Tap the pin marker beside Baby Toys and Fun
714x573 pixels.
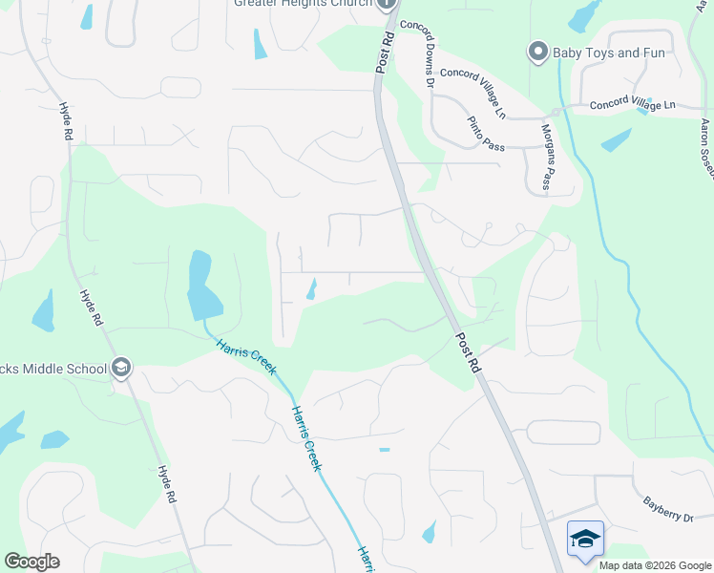[537, 52]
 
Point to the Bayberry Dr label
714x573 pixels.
[666, 507]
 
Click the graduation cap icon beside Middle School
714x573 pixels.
[120, 368]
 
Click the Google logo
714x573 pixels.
[31, 562]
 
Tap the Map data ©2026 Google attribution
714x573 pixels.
[655, 565]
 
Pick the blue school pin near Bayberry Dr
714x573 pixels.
[585, 540]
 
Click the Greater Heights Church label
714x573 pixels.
[303, 3]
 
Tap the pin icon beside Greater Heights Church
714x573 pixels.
[387, 4]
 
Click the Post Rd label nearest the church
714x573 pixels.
[385, 52]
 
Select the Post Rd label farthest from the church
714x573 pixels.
[469, 352]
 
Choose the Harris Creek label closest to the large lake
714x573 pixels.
[243, 355]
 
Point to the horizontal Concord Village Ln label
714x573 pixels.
[632, 105]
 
